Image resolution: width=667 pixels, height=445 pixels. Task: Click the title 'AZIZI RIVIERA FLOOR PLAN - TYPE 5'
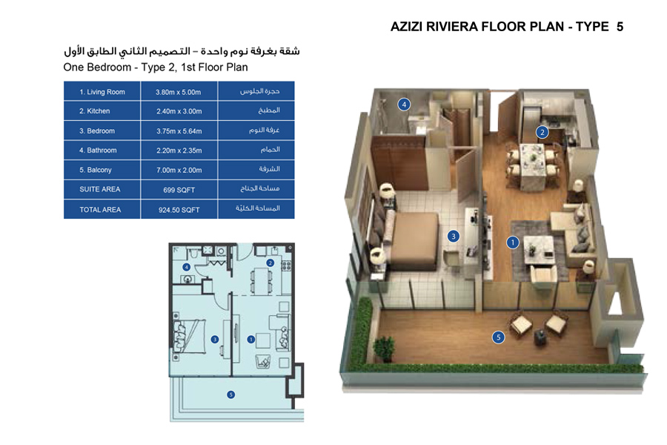(506, 27)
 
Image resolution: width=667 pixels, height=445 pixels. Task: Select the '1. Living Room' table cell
(102, 92)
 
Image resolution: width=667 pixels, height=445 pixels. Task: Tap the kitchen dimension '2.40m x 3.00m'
(179, 111)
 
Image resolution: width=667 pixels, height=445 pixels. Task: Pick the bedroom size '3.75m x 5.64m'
(179, 131)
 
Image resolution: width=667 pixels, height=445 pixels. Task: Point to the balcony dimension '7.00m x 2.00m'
(179, 170)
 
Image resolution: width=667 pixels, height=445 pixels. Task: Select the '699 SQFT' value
(179, 189)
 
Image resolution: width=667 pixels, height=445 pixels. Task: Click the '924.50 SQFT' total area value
(179, 210)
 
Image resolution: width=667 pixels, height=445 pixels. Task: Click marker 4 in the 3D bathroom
(404, 105)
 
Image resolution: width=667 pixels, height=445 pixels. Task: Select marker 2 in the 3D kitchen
(542, 133)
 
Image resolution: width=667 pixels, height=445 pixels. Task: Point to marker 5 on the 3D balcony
(499, 337)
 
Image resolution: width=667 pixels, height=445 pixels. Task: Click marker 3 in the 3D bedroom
(454, 237)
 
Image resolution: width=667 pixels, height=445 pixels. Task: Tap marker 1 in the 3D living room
(512, 242)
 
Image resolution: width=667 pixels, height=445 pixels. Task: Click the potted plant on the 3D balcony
(384, 347)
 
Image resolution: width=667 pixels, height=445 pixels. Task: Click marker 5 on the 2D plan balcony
(231, 395)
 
